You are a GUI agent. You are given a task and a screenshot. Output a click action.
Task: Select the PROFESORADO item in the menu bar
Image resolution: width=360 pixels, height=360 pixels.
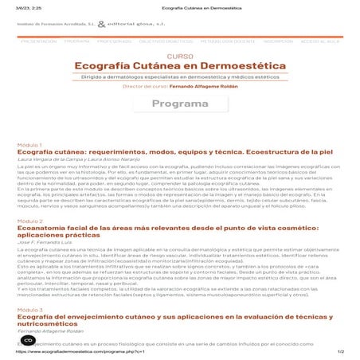111,40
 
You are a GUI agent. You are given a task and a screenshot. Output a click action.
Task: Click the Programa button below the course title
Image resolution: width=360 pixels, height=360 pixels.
180,104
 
